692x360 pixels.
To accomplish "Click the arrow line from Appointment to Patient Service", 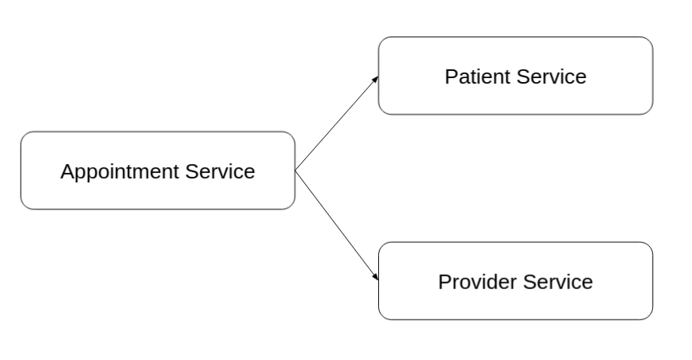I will tap(335, 124).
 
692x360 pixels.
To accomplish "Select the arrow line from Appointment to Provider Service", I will tap(335, 224).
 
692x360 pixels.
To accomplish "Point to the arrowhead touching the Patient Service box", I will tap(375, 79).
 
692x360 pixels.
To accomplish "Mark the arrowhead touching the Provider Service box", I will tap(375, 277).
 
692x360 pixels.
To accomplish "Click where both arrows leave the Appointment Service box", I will tap(295, 170).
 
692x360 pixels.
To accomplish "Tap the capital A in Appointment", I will tap(67, 171).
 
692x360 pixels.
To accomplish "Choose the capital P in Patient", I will tap(451, 76).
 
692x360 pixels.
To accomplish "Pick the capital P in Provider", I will tap(444, 282).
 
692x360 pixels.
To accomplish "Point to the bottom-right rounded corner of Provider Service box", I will tap(648, 315).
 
